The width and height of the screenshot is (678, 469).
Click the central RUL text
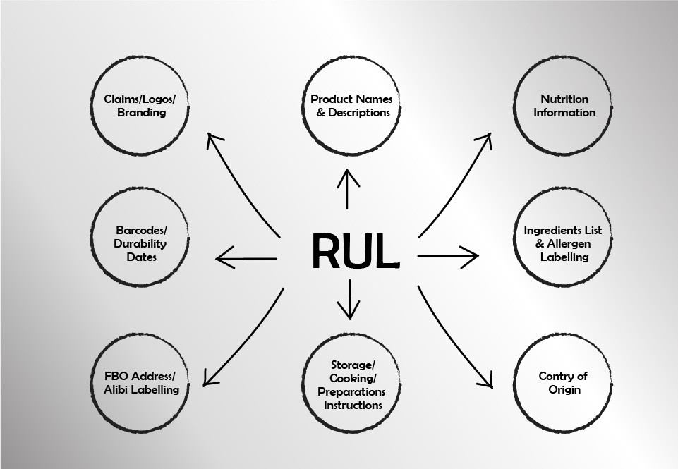click(355, 251)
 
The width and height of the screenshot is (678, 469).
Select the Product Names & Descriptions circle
click(351, 106)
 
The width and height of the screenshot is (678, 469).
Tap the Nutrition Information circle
click(564, 106)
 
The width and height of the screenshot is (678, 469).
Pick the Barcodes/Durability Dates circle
click(141, 244)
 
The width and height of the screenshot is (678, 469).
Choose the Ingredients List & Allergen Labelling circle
click(564, 244)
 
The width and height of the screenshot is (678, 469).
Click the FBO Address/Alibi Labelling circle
click(141, 383)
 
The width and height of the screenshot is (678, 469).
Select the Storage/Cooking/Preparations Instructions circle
click(351, 385)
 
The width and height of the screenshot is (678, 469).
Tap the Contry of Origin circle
click(563, 383)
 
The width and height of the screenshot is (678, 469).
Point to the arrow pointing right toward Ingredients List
click(448, 256)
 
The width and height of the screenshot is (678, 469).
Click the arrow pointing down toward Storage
click(349, 300)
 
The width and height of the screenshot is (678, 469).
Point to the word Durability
click(141, 244)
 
